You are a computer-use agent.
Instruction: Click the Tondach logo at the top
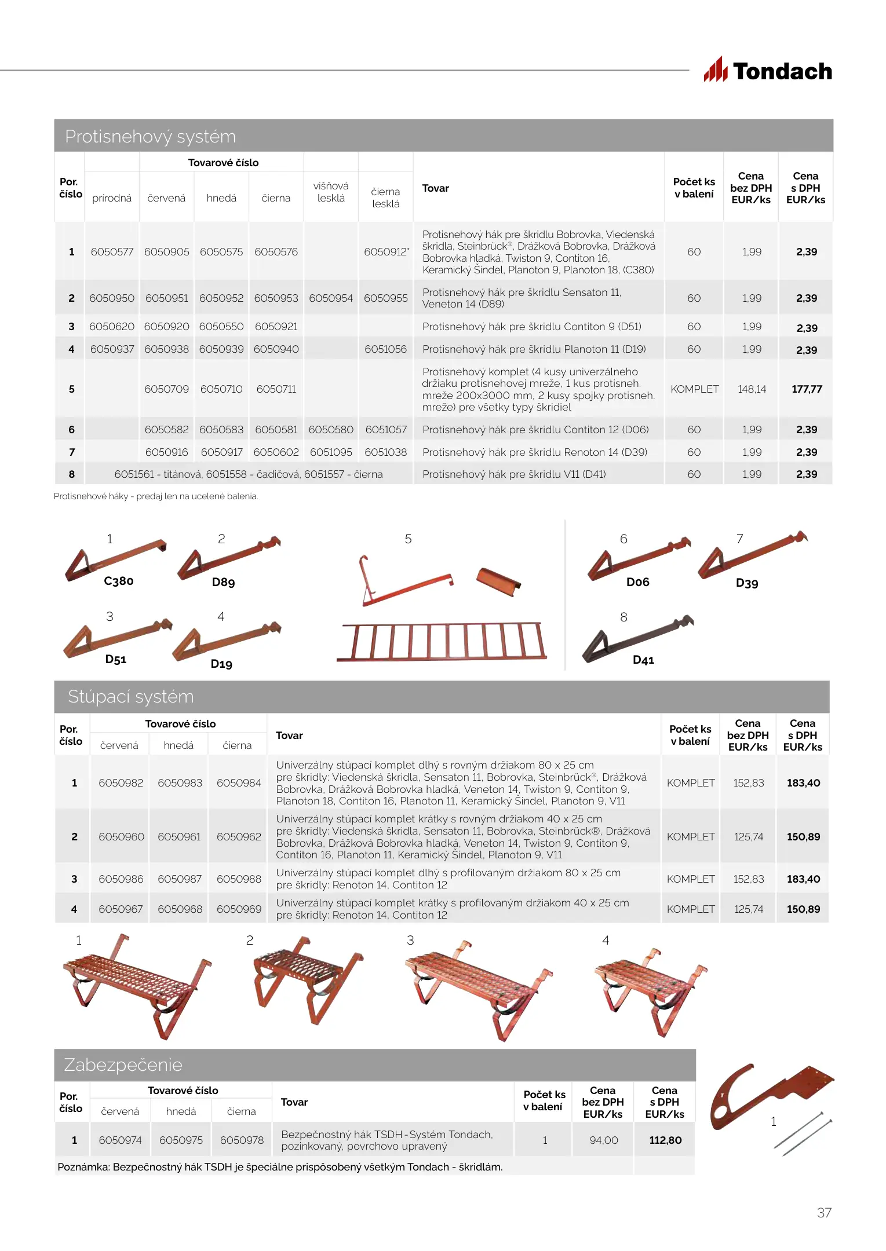click(x=768, y=71)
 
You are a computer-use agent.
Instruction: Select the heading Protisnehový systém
click(x=151, y=137)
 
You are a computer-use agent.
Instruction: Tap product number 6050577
click(x=112, y=252)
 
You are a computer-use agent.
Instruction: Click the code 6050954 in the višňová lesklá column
click(x=330, y=298)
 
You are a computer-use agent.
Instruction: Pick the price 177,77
click(x=807, y=389)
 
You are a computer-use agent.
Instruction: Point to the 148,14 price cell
click(x=752, y=389)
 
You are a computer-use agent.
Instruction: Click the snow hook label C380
click(x=119, y=581)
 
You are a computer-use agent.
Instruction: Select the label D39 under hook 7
click(x=747, y=583)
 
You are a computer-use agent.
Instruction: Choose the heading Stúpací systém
click(x=131, y=697)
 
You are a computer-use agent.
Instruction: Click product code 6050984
click(x=239, y=783)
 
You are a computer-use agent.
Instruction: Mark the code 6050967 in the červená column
click(x=121, y=909)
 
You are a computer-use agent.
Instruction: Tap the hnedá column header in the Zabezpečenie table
click(x=181, y=1111)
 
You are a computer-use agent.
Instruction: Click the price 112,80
click(x=665, y=1140)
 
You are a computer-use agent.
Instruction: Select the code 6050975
click(x=181, y=1140)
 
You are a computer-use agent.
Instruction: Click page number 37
click(x=824, y=1213)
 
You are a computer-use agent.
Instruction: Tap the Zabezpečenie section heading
click(x=123, y=1065)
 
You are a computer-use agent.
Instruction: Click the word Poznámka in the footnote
click(x=83, y=1167)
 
